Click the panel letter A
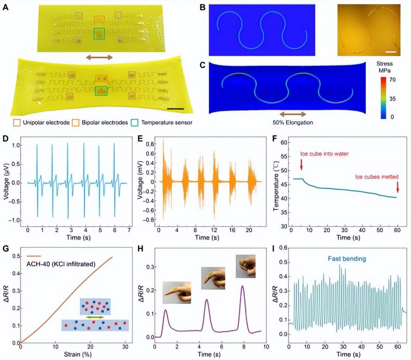pyautogui.click(x=6, y=6)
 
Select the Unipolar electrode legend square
pyautogui.click(x=16, y=122)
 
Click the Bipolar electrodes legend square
pyautogui.click(x=75, y=122)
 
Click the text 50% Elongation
pyautogui.click(x=292, y=122)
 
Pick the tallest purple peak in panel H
pyautogui.click(x=243, y=286)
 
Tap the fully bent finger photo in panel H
pyautogui.click(x=245, y=266)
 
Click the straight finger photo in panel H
pyautogui.click(x=177, y=292)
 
